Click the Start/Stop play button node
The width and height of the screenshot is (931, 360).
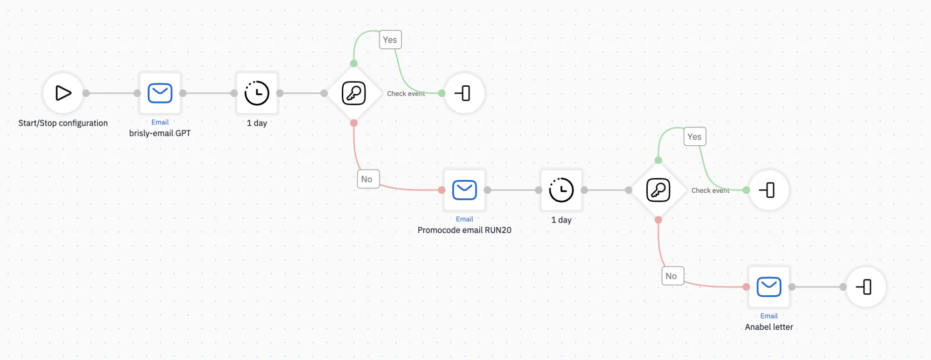click(x=63, y=93)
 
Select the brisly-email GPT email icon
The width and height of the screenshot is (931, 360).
click(x=160, y=93)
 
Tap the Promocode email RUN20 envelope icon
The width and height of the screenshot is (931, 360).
click(x=464, y=190)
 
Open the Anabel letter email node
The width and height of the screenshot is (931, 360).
click(x=769, y=287)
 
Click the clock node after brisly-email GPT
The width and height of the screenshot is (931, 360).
click(x=257, y=93)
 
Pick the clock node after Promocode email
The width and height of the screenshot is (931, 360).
click(x=561, y=190)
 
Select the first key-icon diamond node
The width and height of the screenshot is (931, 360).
click(x=354, y=93)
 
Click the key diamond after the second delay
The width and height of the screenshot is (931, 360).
click(x=658, y=190)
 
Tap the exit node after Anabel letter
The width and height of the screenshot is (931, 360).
click(x=866, y=287)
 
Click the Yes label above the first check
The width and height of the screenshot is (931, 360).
click(x=390, y=40)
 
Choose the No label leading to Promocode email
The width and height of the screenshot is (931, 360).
click(x=368, y=179)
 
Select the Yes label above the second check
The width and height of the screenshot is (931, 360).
click(x=694, y=136)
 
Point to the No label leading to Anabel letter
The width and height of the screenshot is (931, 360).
click(x=673, y=276)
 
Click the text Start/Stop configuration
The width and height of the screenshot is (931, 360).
click(x=63, y=123)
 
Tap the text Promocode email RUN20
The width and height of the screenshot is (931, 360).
click(x=464, y=230)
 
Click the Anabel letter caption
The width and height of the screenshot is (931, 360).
click(x=769, y=327)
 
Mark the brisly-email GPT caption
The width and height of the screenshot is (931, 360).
click(x=160, y=133)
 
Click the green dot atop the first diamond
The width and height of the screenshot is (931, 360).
click(x=354, y=63)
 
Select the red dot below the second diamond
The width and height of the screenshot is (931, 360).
click(x=658, y=220)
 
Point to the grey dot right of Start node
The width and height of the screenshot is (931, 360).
click(x=86, y=93)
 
